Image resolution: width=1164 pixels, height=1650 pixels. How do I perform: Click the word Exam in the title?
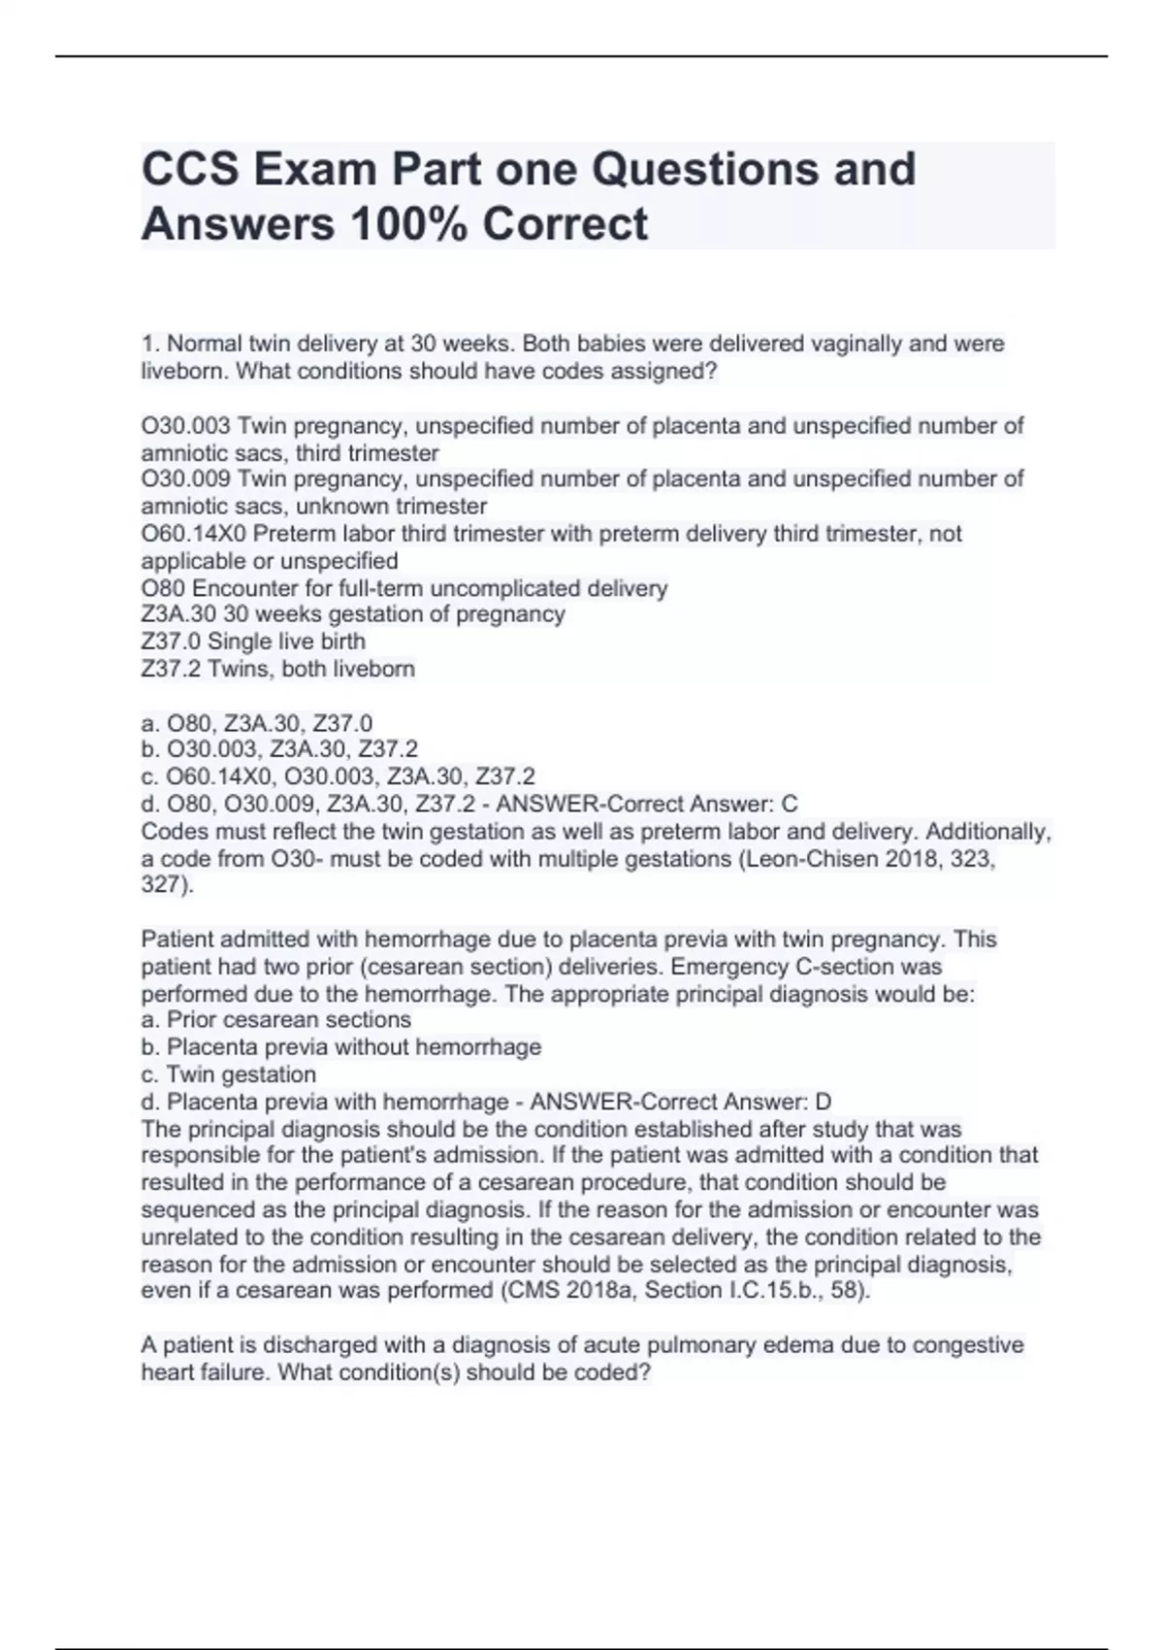(312, 169)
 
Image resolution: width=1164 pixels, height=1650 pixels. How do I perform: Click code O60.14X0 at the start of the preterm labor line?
(194, 534)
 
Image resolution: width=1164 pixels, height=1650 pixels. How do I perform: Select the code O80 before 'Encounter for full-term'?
(164, 588)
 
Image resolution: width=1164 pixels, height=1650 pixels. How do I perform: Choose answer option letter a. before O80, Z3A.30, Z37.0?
(149, 723)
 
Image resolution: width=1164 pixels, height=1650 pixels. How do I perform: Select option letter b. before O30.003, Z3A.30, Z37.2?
(149, 749)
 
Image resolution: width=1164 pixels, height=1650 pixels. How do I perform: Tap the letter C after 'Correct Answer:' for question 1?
(790, 804)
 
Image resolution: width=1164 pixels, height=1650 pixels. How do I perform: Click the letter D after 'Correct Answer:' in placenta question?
(824, 1102)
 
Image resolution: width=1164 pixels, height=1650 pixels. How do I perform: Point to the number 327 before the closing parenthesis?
(161, 885)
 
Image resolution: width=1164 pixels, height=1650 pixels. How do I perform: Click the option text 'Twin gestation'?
(242, 1074)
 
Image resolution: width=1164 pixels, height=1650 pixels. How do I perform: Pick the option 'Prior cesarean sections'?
(289, 1020)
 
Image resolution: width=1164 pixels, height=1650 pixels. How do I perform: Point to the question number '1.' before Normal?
(150, 344)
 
